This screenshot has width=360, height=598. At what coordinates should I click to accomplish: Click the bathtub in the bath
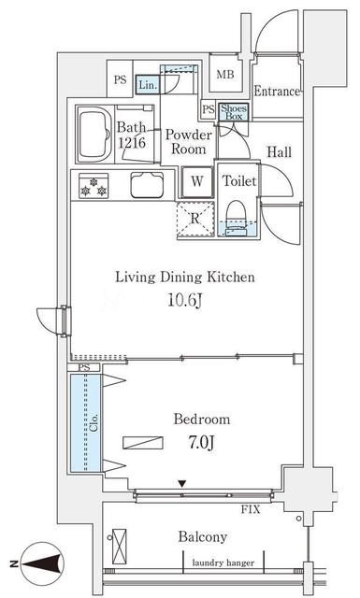(x=94, y=135)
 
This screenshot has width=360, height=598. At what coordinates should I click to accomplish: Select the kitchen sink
(x=147, y=185)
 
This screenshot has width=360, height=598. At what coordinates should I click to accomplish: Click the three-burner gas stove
(x=94, y=186)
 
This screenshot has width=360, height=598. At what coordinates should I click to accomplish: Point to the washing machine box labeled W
(x=197, y=182)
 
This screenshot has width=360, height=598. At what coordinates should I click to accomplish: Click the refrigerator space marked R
(x=195, y=219)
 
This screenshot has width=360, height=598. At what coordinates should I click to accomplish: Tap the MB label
(x=225, y=75)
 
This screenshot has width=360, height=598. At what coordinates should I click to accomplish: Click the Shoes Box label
(x=234, y=112)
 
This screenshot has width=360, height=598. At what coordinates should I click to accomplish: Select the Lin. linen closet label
(x=148, y=85)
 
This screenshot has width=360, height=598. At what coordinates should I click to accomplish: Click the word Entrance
(x=277, y=92)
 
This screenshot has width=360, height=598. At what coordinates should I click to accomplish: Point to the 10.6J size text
(x=185, y=301)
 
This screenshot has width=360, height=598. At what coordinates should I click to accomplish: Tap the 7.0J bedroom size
(x=201, y=443)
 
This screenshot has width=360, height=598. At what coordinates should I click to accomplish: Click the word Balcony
(x=202, y=537)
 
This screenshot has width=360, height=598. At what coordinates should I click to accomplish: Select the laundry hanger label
(x=223, y=562)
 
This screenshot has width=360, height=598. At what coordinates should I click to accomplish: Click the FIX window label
(x=251, y=509)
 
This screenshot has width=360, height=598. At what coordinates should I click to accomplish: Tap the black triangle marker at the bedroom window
(x=182, y=484)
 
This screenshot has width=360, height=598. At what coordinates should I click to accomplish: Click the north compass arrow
(x=42, y=563)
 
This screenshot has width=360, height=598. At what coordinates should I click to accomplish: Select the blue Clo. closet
(x=85, y=422)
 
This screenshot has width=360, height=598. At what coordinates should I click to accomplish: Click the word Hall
(x=279, y=151)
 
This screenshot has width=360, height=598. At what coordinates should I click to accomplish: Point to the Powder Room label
(x=188, y=141)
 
